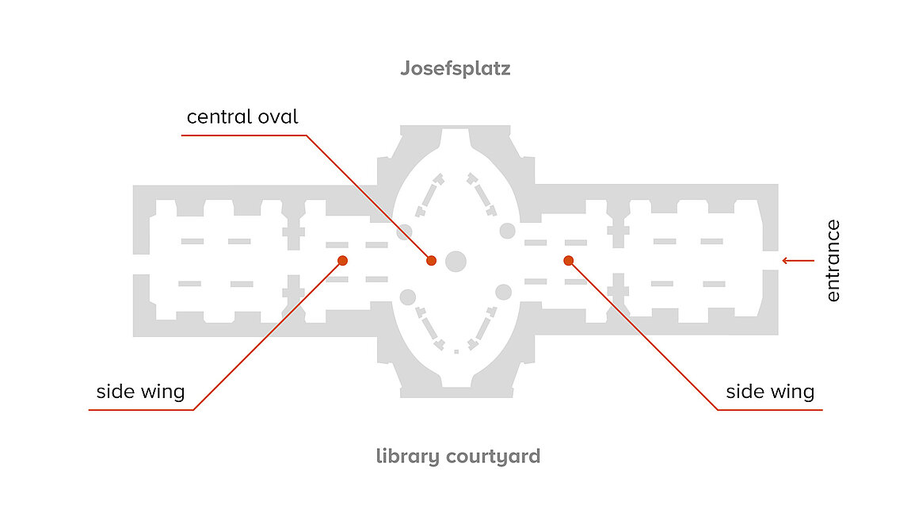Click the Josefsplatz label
(x=455, y=69)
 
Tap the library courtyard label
(x=458, y=456)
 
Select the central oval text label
(x=242, y=117)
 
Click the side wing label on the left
(x=140, y=392)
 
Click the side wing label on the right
(x=770, y=392)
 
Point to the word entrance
(x=833, y=261)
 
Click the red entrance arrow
(x=799, y=261)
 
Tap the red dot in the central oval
(x=431, y=261)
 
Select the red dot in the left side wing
(x=343, y=261)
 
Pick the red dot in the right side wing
(x=568, y=261)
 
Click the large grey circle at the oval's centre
(x=456, y=261)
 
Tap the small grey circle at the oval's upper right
(x=507, y=231)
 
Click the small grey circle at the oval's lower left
(x=408, y=297)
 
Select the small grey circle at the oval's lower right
(x=503, y=292)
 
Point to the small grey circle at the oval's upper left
(x=404, y=232)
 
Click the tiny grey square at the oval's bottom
(x=456, y=352)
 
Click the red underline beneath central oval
(x=244, y=136)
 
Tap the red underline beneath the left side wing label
(x=141, y=410)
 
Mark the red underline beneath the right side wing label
(x=771, y=410)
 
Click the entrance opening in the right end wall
(x=771, y=261)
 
